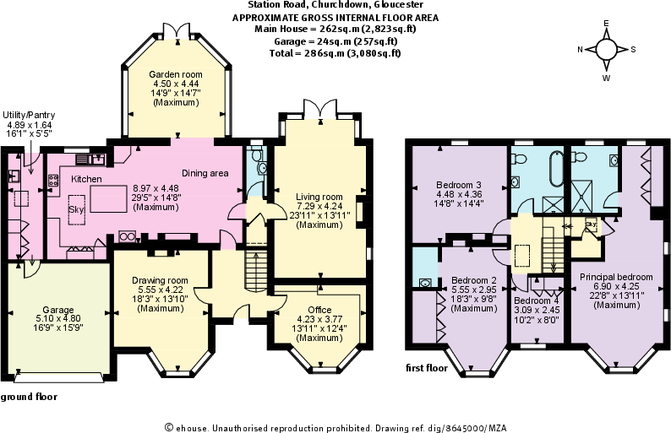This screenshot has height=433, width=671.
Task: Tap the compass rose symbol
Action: (606, 49)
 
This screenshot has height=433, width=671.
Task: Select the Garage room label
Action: (57, 310)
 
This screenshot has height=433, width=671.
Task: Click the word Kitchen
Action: (86, 179)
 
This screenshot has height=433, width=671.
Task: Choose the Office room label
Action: (319, 310)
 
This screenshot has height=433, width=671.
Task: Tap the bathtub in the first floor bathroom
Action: (555, 170)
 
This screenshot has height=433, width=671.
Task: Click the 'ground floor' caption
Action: (26, 396)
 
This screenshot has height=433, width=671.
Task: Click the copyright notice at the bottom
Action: (335, 426)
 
